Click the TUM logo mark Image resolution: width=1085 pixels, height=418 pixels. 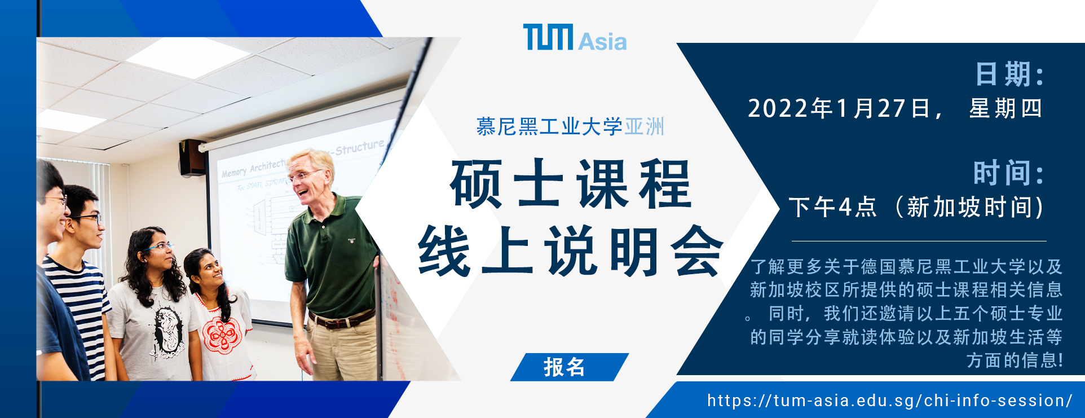point(548,37)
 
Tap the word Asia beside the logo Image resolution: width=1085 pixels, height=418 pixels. point(602,41)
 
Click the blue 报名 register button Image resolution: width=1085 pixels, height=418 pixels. point(569,367)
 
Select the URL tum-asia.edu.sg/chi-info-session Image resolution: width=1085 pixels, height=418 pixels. point(890,401)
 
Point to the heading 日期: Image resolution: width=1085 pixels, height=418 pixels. point(1009,74)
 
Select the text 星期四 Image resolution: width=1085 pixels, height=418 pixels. point(1005,108)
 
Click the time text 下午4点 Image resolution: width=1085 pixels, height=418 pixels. point(833,207)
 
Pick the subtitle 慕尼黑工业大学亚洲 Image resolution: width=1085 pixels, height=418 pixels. point(570,126)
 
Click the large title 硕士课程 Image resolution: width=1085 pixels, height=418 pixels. point(570,184)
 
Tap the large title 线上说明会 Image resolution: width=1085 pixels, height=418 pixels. point(570,251)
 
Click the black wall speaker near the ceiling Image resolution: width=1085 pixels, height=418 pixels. point(192,157)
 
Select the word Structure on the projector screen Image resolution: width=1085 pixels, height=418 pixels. point(359,148)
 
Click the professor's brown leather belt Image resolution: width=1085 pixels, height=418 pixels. point(342,320)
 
